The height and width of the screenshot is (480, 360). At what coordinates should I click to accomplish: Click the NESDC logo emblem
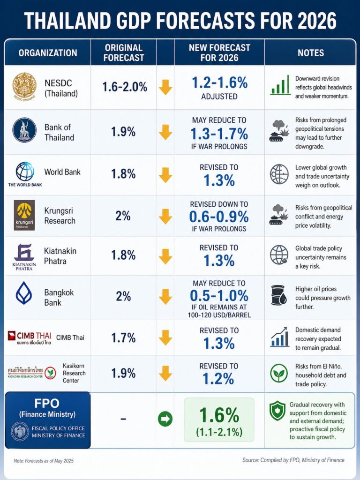point(24,87)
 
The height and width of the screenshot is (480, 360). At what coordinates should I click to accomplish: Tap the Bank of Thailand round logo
point(24,130)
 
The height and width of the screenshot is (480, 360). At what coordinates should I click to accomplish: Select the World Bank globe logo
point(24,171)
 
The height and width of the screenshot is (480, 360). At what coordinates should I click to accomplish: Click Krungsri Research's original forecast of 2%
point(123,216)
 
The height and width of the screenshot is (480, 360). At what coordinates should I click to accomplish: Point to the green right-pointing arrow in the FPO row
point(165,418)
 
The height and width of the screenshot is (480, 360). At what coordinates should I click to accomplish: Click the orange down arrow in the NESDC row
point(165,87)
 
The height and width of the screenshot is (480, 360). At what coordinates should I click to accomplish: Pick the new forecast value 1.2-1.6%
point(219,82)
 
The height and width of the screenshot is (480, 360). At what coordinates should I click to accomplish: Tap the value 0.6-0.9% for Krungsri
point(219,216)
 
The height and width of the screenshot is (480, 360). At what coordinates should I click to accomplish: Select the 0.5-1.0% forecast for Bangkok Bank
point(219,296)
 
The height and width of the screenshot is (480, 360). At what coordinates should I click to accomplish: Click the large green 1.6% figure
point(219,414)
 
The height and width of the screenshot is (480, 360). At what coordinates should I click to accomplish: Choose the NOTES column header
point(310,52)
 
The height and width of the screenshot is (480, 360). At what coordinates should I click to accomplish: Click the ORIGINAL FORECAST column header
point(123,52)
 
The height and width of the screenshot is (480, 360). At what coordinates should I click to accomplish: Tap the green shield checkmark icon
point(277,411)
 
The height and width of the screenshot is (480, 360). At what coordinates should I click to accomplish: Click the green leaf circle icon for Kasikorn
point(279,373)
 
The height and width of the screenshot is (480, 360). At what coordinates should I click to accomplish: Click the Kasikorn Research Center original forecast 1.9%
point(123,373)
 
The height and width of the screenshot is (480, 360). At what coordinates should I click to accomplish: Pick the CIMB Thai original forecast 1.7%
point(123,337)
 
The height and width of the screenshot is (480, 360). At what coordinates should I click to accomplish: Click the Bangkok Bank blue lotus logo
point(24,293)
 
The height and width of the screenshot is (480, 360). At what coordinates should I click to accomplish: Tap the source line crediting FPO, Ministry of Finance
point(293,460)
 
